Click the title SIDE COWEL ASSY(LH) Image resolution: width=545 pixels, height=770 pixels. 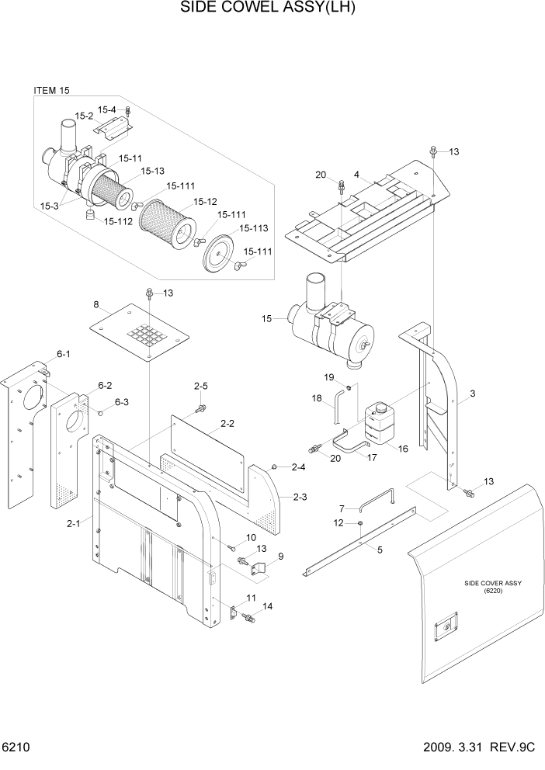point(272,9)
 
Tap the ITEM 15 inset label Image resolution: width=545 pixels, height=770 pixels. point(51,91)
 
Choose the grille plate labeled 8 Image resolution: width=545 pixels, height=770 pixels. point(140,331)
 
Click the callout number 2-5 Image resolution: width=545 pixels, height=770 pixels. point(201,386)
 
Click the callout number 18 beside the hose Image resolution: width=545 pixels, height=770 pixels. point(317,398)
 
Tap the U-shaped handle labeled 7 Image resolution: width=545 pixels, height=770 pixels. point(377,500)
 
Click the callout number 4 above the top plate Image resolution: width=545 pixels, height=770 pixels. point(356,175)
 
